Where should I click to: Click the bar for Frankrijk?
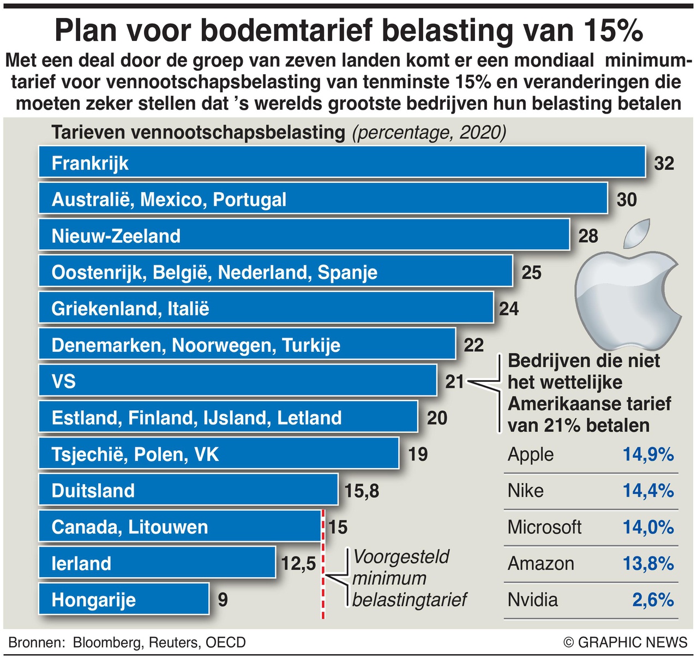click(x=341, y=162)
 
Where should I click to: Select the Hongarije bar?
click(x=124, y=599)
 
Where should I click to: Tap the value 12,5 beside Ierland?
click(x=298, y=563)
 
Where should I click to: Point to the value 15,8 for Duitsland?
click(x=362, y=491)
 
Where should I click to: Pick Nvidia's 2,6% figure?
click(x=653, y=600)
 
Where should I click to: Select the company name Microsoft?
click(x=544, y=527)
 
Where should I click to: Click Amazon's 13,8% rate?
click(x=648, y=563)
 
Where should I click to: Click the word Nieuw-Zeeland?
click(x=116, y=236)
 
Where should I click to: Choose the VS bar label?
click(x=64, y=381)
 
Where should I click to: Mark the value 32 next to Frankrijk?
click(x=664, y=163)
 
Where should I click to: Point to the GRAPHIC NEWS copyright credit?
click(x=626, y=643)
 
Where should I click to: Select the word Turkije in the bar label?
click(x=311, y=345)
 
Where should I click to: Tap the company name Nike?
click(x=525, y=490)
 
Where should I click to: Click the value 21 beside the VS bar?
click(x=454, y=381)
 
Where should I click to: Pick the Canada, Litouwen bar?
click(x=179, y=527)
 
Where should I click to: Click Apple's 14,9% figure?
click(x=648, y=454)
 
